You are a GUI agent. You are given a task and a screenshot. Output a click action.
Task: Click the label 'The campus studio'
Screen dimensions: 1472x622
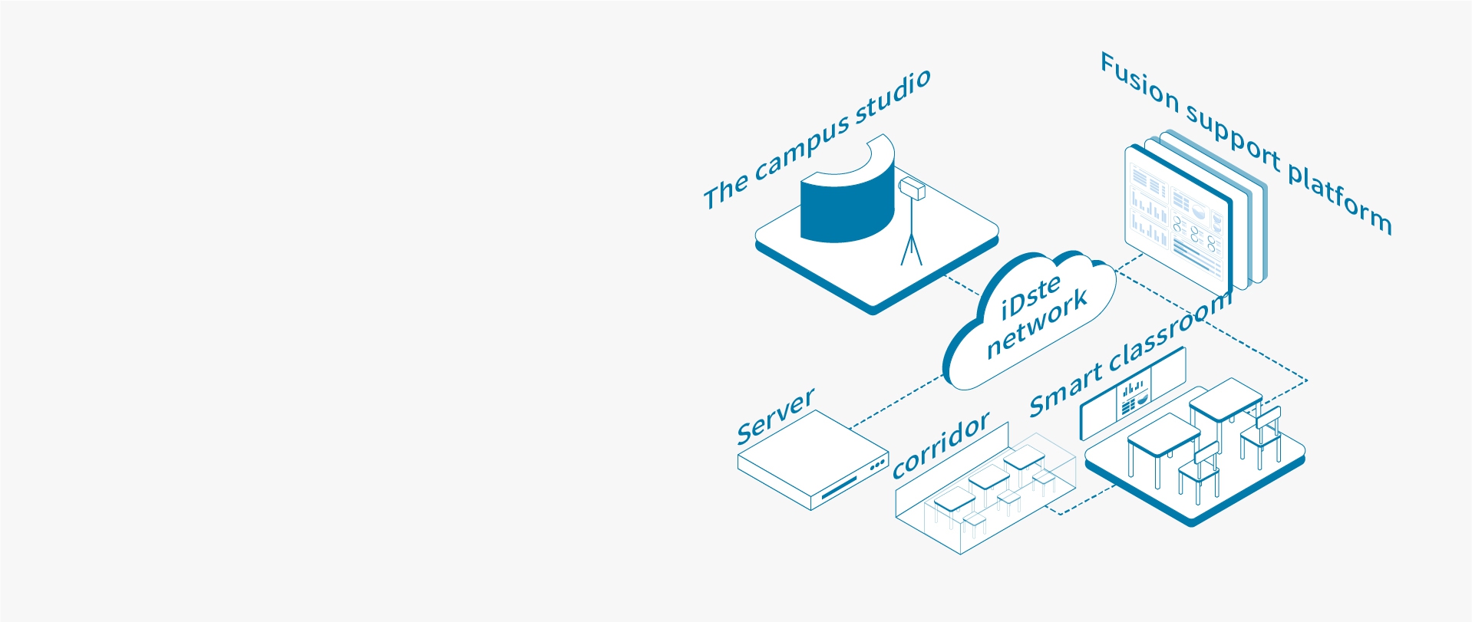click(x=817, y=139)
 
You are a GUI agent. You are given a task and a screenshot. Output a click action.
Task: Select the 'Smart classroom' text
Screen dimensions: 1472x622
click(x=1130, y=354)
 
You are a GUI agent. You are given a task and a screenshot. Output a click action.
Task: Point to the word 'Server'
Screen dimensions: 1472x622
click(x=775, y=416)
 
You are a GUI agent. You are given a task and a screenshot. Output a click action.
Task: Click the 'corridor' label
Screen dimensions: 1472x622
click(x=941, y=446)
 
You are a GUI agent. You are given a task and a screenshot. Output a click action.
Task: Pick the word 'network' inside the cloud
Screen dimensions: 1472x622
click(x=1037, y=323)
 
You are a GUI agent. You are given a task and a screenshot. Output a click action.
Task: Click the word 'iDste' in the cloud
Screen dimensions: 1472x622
click(x=1031, y=298)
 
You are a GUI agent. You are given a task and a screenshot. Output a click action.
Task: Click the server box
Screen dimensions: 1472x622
click(x=812, y=459)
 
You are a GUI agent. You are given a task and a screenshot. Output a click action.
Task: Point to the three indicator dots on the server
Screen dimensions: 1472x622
click(x=877, y=465)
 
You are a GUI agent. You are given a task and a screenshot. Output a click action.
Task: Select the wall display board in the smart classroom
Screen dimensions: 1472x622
click(x=1133, y=394)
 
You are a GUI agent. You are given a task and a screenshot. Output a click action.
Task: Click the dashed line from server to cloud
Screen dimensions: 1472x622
click(x=897, y=401)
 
